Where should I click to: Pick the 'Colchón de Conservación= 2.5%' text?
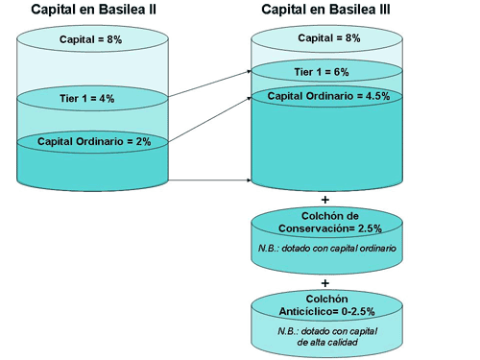[x=324, y=222]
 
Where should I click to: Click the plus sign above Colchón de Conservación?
[x=324, y=198]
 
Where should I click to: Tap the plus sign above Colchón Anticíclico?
[x=324, y=282]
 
